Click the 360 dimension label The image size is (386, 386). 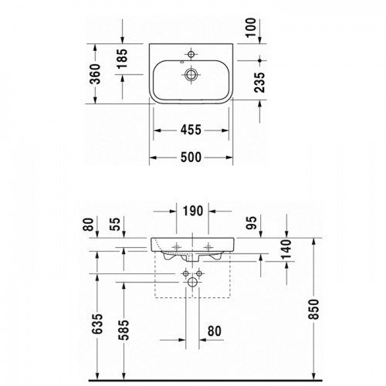[x=95, y=74]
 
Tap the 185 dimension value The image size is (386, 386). [x=122, y=59]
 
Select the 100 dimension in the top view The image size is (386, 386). [x=251, y=28]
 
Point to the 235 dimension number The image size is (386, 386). [x=259, y=83]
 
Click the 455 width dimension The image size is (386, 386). [x=191, y=130]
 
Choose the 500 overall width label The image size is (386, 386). [x=191, y=157]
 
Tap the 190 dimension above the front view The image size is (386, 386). [x=193, y=211]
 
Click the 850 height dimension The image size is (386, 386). [x=313, y=309]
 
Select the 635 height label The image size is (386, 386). [x=97, y=324]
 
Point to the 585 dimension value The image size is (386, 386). [x=124, y=330]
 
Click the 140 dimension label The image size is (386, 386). [x=286, y=249]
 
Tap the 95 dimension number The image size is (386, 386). [x=252, y=223]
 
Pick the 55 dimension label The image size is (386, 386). [x=115, y=224]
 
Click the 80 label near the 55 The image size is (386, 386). [x=88, y=224]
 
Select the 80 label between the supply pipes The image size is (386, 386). [x=215, y=331]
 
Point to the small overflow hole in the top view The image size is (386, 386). [x=182, y=62]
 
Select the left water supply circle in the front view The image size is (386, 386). [x=185, y=273]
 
